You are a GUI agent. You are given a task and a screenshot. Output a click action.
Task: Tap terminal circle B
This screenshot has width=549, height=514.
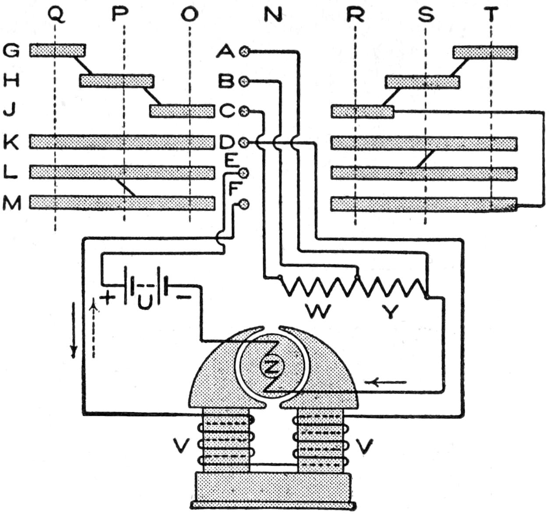click(x=244, y=81)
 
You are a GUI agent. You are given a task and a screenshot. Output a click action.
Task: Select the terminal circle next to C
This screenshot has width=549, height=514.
click(x=244, y=111)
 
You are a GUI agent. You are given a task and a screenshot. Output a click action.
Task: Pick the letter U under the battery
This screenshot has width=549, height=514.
click(x=144, y=302)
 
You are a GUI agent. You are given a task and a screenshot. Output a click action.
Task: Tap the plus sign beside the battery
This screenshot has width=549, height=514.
click(x=108, y=298)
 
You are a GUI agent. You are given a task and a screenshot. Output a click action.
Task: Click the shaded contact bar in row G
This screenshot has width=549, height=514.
click(x=57, y=50)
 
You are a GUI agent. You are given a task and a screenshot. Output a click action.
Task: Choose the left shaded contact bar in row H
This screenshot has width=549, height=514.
click(x=116, y=81)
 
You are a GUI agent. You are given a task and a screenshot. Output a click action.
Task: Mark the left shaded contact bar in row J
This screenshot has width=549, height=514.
click(x=182, y=111)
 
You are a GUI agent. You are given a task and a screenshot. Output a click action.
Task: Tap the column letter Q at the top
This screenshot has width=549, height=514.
click(x=56, y=15)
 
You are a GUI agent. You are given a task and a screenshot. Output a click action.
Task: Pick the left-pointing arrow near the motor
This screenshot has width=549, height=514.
click(x=388, y=382)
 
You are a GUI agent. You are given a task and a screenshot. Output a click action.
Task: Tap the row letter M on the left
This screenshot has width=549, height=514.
click(x=12, y=203)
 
